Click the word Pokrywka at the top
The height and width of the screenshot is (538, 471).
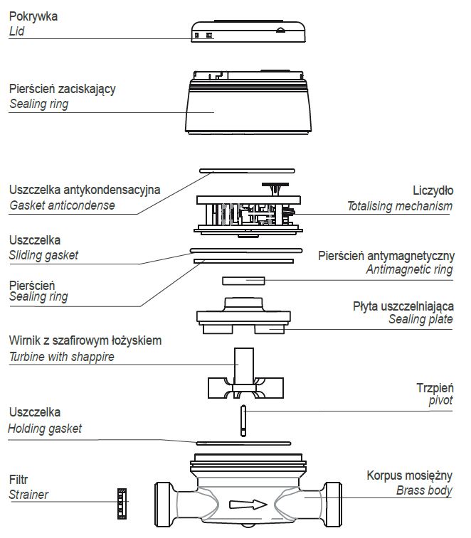coord(34,15)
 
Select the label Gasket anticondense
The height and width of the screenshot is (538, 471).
coord(62,205)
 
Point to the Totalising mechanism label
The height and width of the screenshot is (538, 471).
coord(399,206)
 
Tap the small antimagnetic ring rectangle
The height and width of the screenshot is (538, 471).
coord(243,280)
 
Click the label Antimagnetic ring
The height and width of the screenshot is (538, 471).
coord(408,269)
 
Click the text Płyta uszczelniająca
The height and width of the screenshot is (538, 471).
coord(403,306)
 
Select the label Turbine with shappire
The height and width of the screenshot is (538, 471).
coord(62,357)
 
